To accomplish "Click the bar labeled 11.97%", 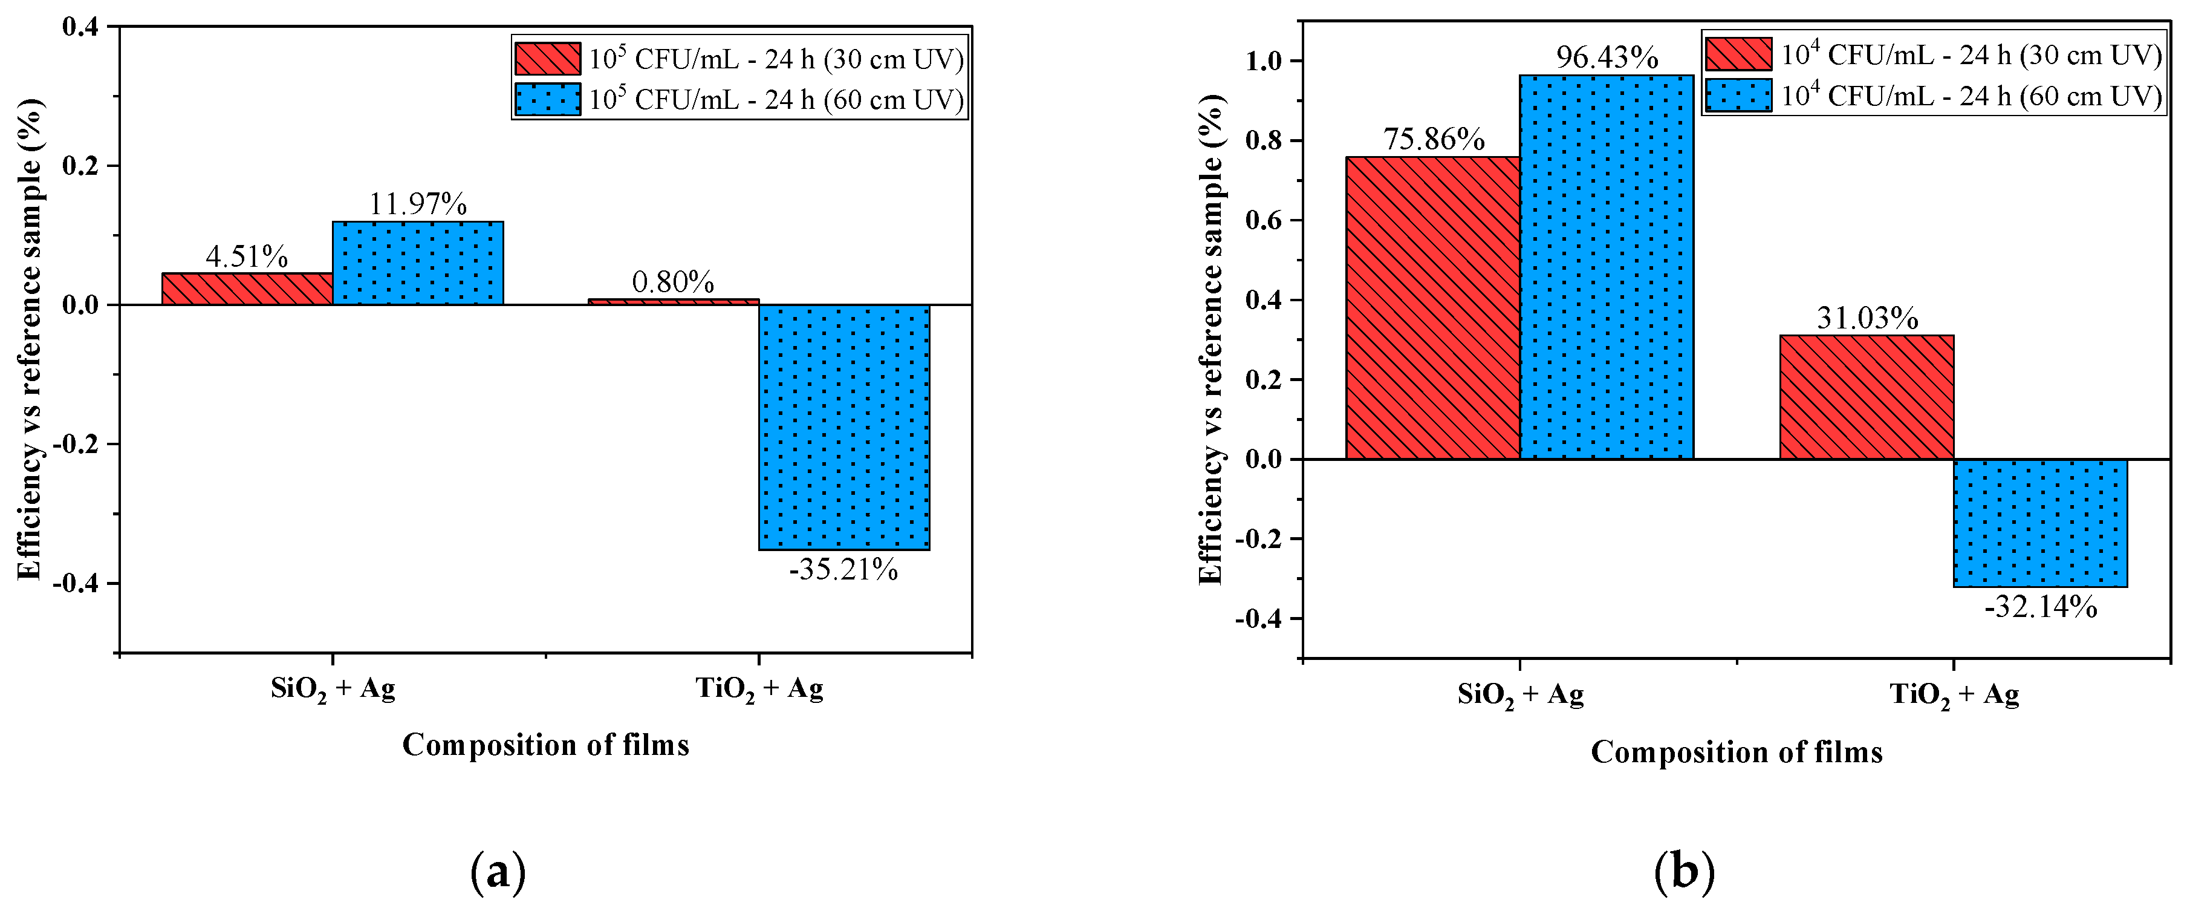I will click(x=417, y=263).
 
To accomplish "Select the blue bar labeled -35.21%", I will click(x=844, y=427).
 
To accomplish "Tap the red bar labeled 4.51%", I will click(x=247, y=289).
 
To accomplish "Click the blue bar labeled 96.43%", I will click(x=1607, y=267).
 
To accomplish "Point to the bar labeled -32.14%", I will click(x=2041, y=523).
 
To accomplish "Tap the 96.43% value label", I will click(x=1607, y=58).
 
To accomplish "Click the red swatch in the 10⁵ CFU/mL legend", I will click(x=548, y=59).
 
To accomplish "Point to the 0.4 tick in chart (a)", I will click(x=80, y=27).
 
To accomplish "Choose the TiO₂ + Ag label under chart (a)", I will click(x=759, y=688).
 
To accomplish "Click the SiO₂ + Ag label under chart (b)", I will click(x=1520, y=695).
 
